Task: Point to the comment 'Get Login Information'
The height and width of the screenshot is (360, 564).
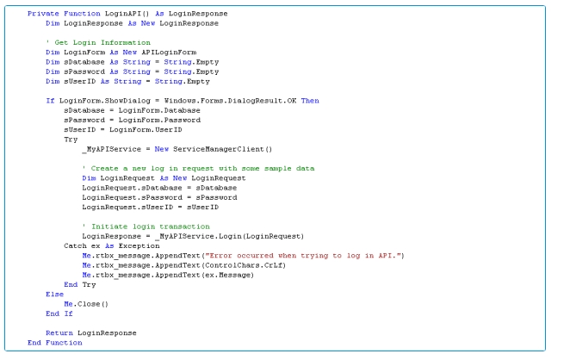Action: click(90, 41)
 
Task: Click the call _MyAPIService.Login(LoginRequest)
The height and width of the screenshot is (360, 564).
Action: click(210, 235)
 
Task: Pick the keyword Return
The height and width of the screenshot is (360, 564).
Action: click(59, 332)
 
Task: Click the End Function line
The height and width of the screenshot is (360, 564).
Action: click(55, 342)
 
